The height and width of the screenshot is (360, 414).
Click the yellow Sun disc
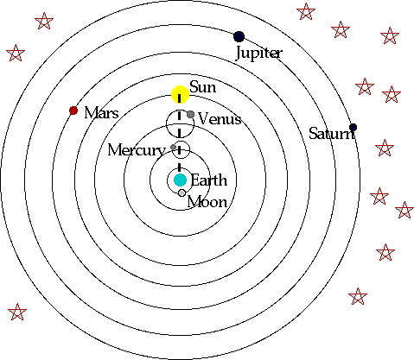[x=180, y=95]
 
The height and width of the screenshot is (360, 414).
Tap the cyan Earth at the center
[x=180, y=180]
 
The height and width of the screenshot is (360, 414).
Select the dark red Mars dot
[x=73, y=111]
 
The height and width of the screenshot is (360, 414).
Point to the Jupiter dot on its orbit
[x=239, y=36]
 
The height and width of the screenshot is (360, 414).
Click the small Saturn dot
[x=353, y=128]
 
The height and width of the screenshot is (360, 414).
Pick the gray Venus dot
[x=190, y=115]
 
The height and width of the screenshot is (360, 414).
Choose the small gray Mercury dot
[x=175, y=148]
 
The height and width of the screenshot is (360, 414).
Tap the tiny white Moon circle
[x=182, y=193]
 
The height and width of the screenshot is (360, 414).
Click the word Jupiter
[x=258, y=54]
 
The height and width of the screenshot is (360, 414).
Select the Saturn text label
[x=332, y=133]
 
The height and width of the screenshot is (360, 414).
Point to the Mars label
[x=101, y=113]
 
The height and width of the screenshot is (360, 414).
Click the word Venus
[x=220, y=118]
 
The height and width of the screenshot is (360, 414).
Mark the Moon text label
[x=207, y=202]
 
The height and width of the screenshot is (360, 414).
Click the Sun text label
[x=203, y=87]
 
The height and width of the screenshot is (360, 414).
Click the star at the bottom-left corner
[x=16, y=312]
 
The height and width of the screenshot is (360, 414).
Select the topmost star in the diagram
[x=305, y=12]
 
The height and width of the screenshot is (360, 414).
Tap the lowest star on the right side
[x=357, y=297]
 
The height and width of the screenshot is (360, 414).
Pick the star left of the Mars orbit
[x=15, y=54]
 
